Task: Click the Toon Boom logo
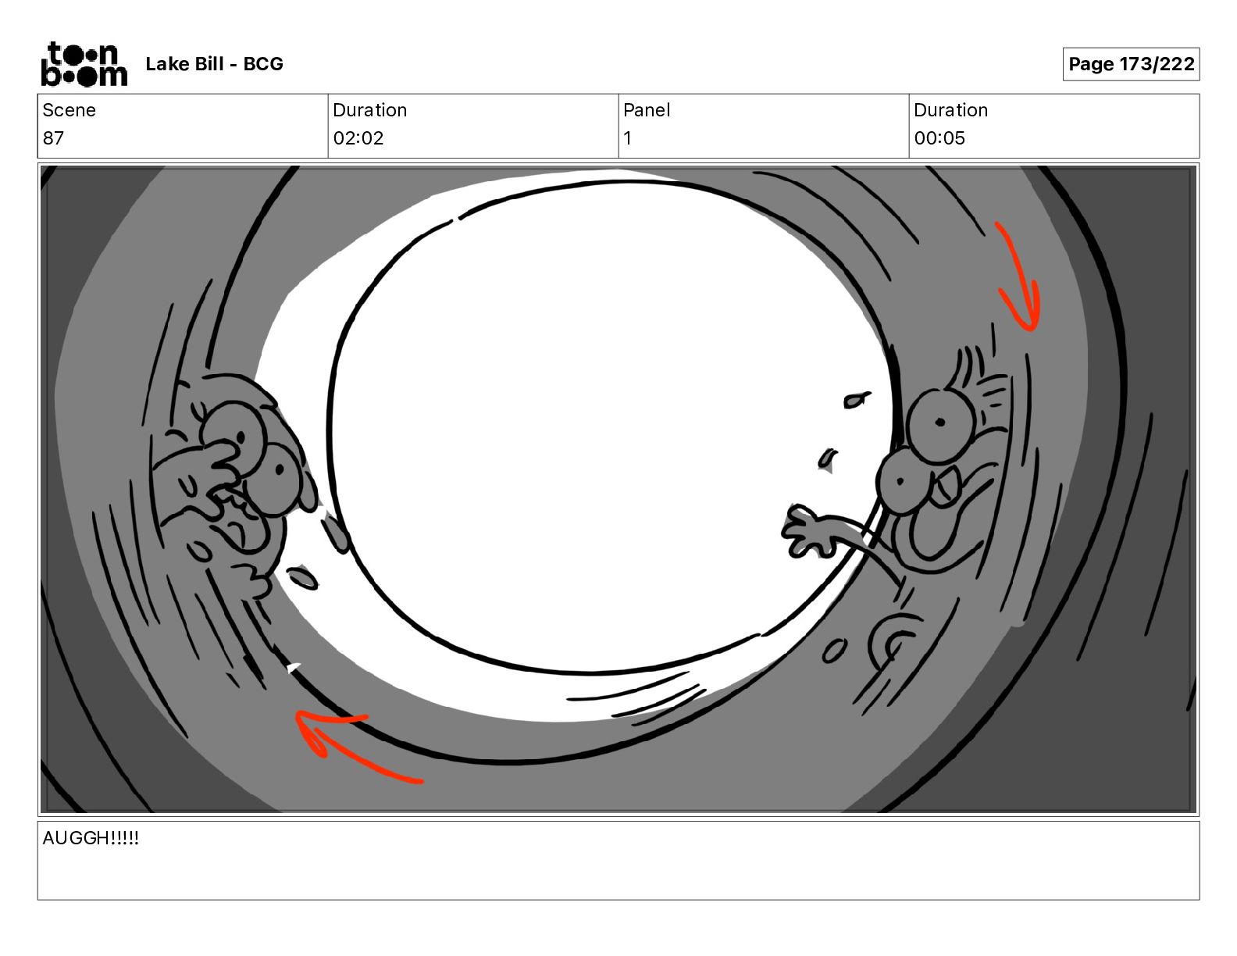(x=84, y=64)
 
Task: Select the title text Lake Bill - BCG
(x=214, y=64)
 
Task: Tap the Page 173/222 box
(x=1131, y=64)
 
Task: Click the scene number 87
(x=53, y=137)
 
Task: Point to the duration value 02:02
(x=358, y=137)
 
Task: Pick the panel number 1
(x=627, y=137)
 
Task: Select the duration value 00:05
(x=939, y=137)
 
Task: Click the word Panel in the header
(x=647, y=110)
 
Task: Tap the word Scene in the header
(x=69, y=110)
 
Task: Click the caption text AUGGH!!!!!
(x=91, y=837)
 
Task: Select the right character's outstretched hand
(x=807, y=530)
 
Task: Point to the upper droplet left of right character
(x=856, y=400)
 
